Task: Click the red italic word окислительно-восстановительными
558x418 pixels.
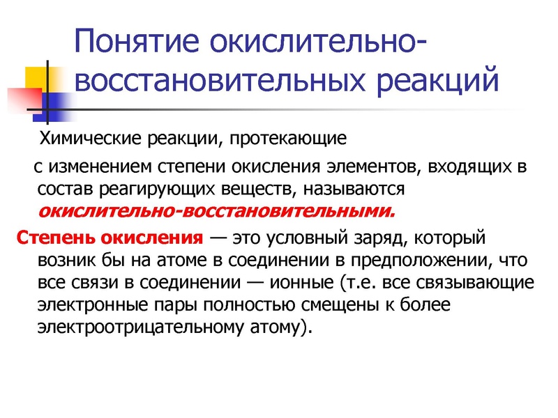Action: [x=215, y=210]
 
